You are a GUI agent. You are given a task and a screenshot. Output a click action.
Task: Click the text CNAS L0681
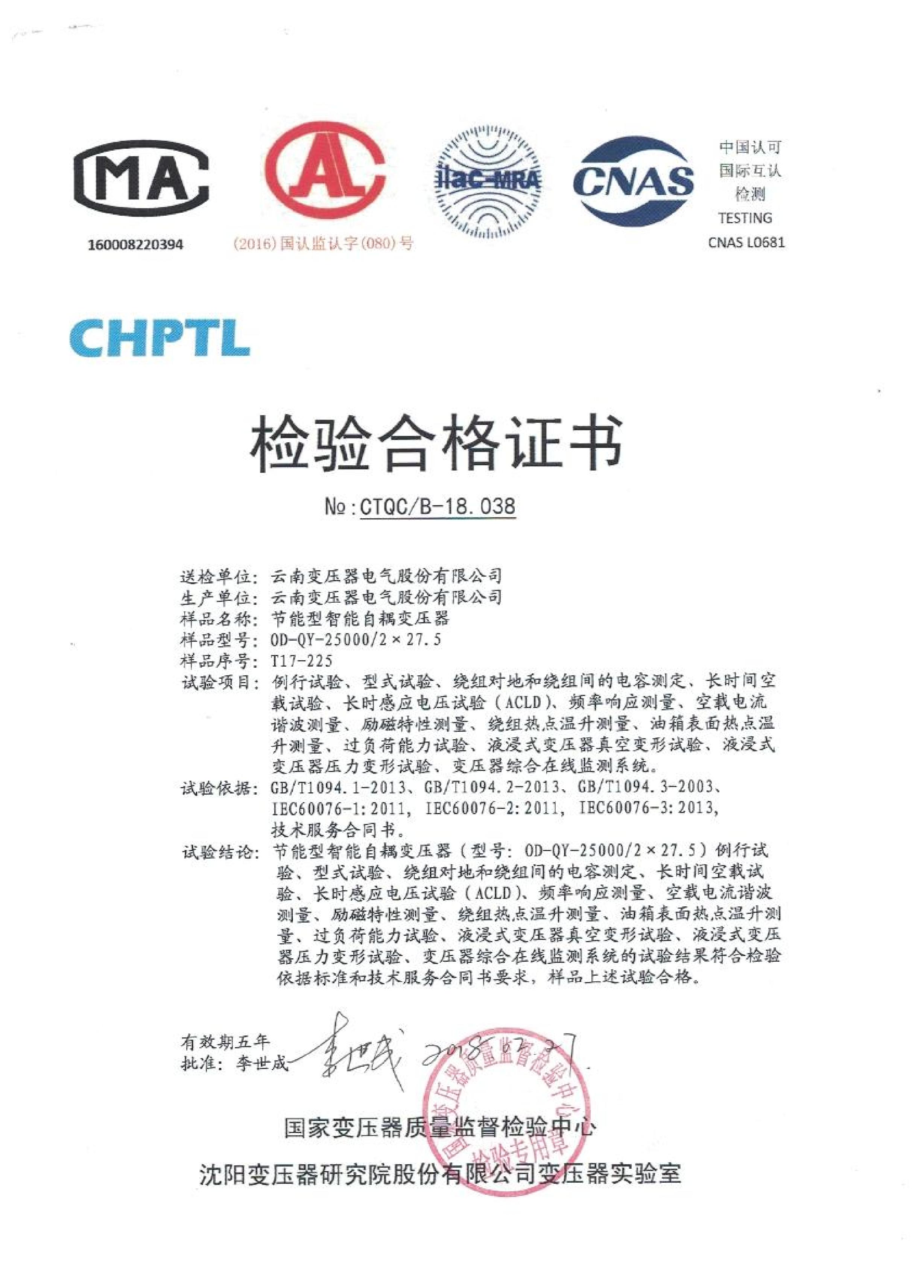point(746,242)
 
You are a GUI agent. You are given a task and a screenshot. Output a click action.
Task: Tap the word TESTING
point(745,218)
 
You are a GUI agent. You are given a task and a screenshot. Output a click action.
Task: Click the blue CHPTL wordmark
point(159,337)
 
